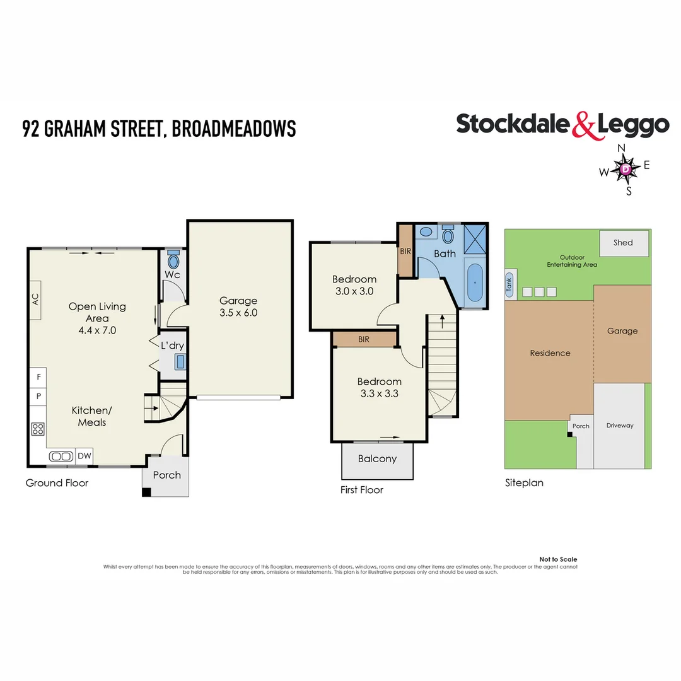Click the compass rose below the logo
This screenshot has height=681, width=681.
625,169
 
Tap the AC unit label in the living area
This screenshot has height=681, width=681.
35,298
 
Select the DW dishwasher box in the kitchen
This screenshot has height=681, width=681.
83,456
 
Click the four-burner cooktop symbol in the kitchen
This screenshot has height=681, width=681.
38,429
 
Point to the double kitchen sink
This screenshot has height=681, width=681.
61,456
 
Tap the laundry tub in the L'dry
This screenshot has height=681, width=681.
180,361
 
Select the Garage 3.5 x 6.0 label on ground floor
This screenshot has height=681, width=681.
238,306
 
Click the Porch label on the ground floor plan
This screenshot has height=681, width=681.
167,475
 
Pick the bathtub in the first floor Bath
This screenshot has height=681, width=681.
474,284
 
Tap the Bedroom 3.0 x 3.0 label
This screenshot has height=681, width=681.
354,285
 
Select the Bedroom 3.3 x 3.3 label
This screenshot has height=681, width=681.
379,387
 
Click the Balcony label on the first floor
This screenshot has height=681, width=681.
377,458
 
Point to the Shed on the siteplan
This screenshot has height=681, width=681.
623,243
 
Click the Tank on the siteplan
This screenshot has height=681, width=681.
509,284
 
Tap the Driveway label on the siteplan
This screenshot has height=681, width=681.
619,426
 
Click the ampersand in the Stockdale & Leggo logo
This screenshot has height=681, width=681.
584,125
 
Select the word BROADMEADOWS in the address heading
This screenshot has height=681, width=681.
233,129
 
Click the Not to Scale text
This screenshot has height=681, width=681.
557,559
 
